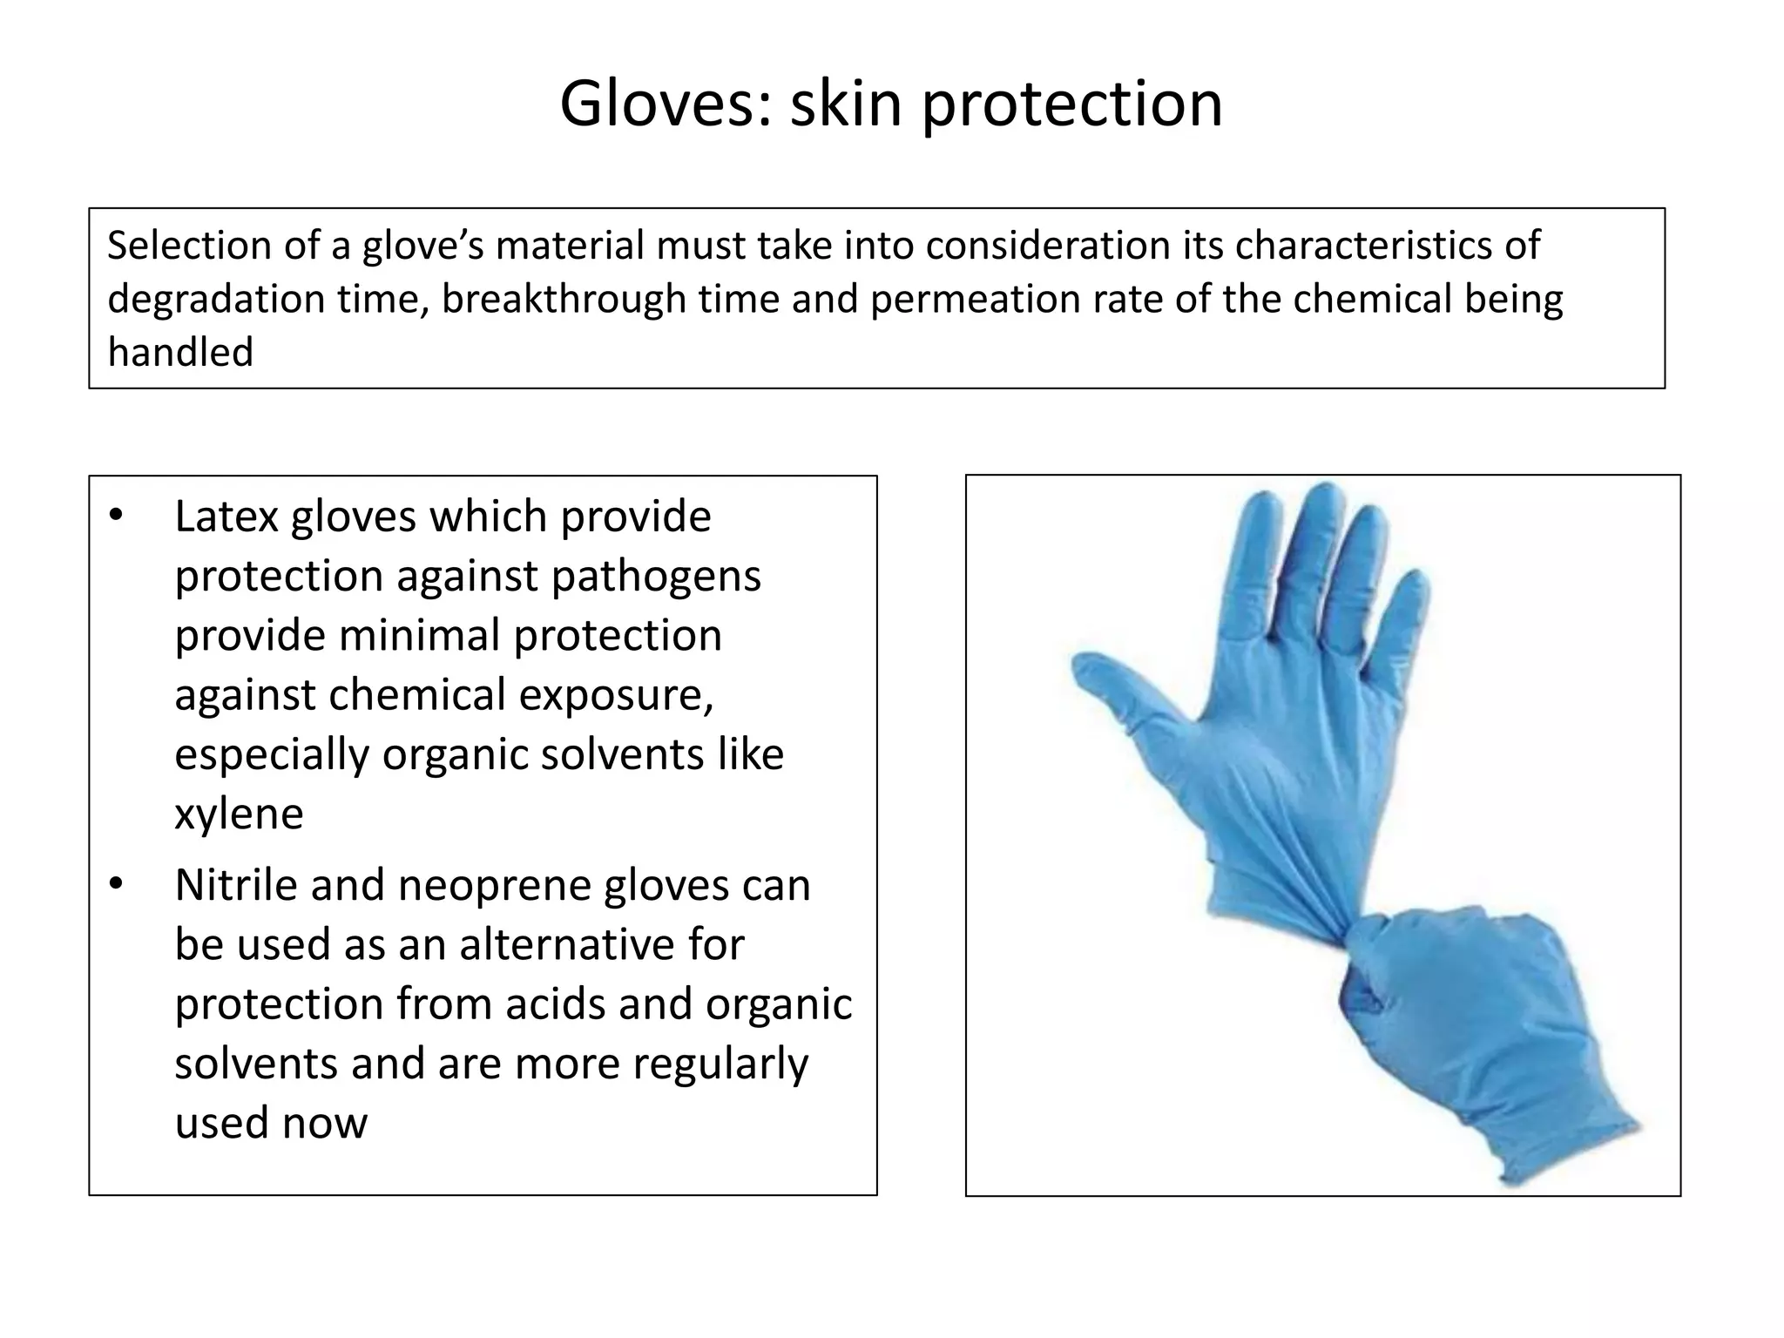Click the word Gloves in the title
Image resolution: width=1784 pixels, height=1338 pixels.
(x=666, y=105)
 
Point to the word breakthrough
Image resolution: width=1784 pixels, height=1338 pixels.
(x=563, y=299)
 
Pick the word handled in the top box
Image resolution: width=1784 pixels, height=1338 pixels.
(x=180, y=352)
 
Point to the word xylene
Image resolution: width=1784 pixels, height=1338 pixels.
(x=239, y=814)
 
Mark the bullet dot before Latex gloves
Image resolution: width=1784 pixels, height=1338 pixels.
(x=117, y=516)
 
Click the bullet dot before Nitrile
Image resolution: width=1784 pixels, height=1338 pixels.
(x=117, y=885)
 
